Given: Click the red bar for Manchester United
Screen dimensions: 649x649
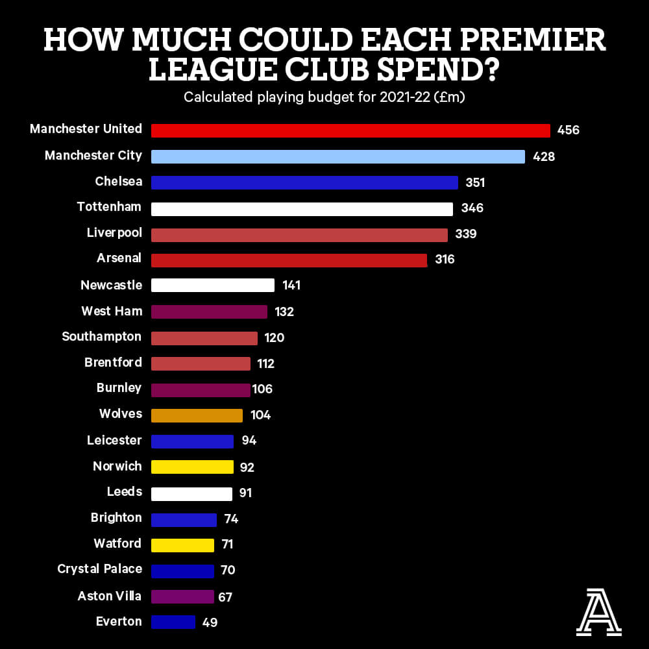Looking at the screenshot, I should tap(350, 130).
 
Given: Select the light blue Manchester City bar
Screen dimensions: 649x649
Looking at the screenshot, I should tap(337, 156).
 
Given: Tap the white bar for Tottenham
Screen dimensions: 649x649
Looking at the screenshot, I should tap(302, 209).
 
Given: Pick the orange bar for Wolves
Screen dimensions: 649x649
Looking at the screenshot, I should tap(197, 415).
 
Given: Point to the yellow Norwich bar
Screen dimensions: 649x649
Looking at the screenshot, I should tap(192, 467).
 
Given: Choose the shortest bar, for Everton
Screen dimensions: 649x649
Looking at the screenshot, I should tap(173, 622).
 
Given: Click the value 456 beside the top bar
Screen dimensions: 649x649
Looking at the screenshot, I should tap(568, 130).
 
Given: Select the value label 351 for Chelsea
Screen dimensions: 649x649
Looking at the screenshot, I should tap(475, 183).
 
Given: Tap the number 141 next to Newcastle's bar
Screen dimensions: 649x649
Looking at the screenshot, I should tap(291, 286).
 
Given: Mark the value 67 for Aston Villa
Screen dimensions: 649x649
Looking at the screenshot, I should tap(225, 597).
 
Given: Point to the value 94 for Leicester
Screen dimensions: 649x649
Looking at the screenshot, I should tap(249, 441).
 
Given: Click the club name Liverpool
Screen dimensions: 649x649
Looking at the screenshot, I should tap(114, 233).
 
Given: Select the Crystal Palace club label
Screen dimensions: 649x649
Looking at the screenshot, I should tap(99, 569).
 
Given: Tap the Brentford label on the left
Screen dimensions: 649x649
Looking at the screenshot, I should tap(113, 363).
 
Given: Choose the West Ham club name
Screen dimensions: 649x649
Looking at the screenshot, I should tap(112, 312).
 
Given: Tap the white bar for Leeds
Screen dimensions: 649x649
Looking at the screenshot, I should tap(191, 494).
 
